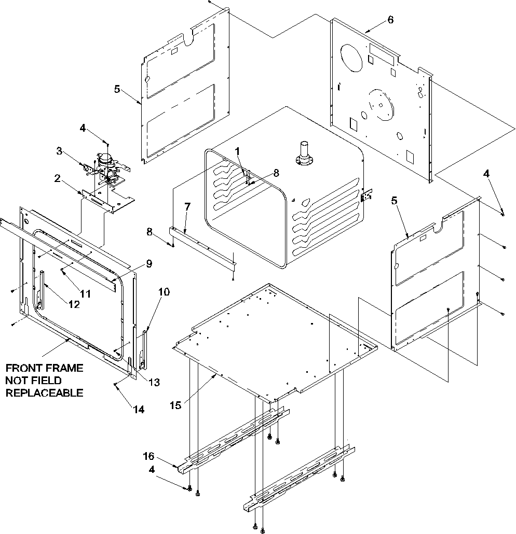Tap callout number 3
59,151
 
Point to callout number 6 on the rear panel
390,20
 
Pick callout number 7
187,207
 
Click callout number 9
149,264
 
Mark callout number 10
164,292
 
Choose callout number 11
85,293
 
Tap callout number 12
74,304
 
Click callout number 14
138,409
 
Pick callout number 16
149,456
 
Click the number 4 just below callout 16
152,470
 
